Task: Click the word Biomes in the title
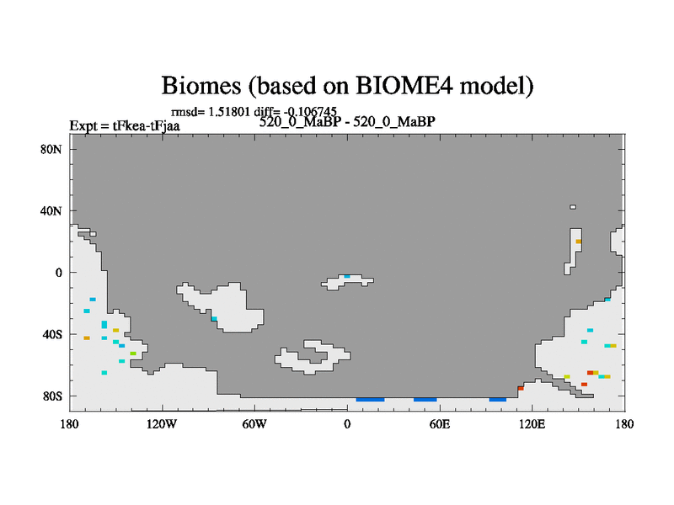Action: coord(201,85)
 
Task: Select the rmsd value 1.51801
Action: coord(228,112)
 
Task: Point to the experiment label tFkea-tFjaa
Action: coord(146,125)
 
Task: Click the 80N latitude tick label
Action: coord(51,150)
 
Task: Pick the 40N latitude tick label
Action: coord(51,211)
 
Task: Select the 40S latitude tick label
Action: coord(52,334)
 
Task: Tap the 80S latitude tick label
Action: coord(52,396)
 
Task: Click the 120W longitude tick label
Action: coord(162,424)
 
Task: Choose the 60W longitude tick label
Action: coord(254,424)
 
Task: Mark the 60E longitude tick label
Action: coord(440,424)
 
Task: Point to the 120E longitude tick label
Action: coord(532,424)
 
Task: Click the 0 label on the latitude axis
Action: coord(58,273)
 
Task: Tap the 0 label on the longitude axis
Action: coord(347,424)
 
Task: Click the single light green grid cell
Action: coord(133,353)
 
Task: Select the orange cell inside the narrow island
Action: coord(579,242)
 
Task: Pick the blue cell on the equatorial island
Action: coord(347,277)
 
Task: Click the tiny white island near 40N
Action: coord(573,207)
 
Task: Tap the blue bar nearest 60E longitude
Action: coord(425,400)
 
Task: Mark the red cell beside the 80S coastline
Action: coord(521,388)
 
